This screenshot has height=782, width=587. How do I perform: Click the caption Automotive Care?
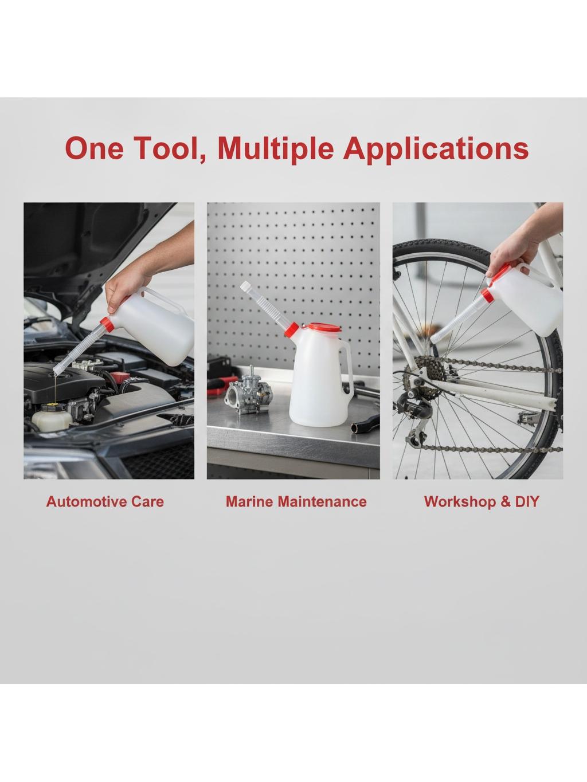[105, 502]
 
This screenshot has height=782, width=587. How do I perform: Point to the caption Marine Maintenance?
[296, 502]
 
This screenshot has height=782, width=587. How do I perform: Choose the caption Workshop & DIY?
[482, 502]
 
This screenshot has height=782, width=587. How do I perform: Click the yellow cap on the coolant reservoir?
[52, 406]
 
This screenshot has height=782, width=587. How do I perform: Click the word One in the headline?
[94, 148]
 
